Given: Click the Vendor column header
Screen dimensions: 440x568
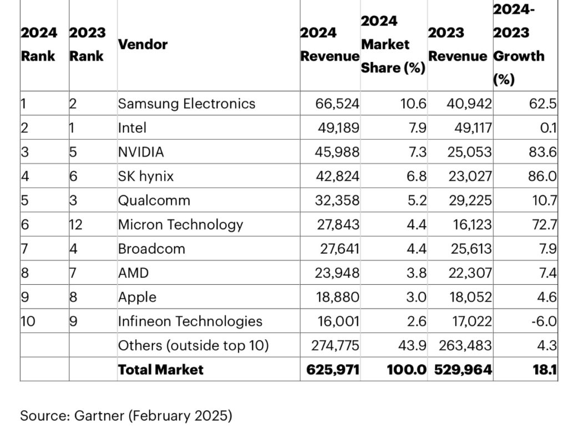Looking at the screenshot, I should [x=143, y=44].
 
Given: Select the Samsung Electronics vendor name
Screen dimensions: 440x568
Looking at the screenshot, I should [x=186, y=104].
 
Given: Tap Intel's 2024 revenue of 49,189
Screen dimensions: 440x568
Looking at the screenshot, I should [x=338, y=128].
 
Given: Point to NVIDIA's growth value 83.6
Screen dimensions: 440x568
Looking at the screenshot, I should [x=544, y=152].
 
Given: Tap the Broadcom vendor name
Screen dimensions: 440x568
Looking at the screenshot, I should [x=151, y=249].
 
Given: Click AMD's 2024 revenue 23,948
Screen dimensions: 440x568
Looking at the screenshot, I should [x=338, y=273].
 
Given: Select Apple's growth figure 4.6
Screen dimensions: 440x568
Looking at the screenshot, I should [x=546, y=297].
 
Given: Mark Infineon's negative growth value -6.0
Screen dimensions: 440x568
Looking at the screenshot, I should [x=544, y=321].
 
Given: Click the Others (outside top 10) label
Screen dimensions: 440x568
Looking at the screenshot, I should [x=193, y=346].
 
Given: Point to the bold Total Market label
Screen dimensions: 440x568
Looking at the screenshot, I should [x=160, y=370].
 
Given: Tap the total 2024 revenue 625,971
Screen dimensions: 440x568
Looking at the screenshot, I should [x=333, y=370].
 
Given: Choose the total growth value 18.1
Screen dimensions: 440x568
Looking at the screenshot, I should [x=545, y=370].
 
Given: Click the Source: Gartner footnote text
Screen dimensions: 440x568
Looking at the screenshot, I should [x=126, y=416].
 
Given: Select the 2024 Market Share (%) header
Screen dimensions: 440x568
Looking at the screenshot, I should [x=393, y=44].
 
